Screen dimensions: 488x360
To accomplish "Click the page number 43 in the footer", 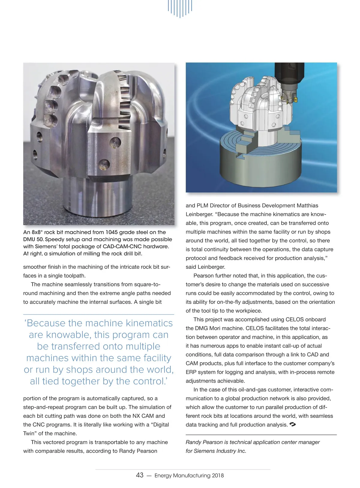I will point(139,475).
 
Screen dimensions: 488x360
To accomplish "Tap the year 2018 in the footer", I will point(218,475).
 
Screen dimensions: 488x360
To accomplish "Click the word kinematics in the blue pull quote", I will point(149,323).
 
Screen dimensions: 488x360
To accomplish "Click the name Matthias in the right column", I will point(307,205).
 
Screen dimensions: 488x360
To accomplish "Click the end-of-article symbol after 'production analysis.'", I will point(293,424).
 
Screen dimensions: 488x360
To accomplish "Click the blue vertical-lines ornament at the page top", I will point(180,8).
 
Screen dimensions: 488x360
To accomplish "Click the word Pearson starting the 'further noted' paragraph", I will point(204,276).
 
